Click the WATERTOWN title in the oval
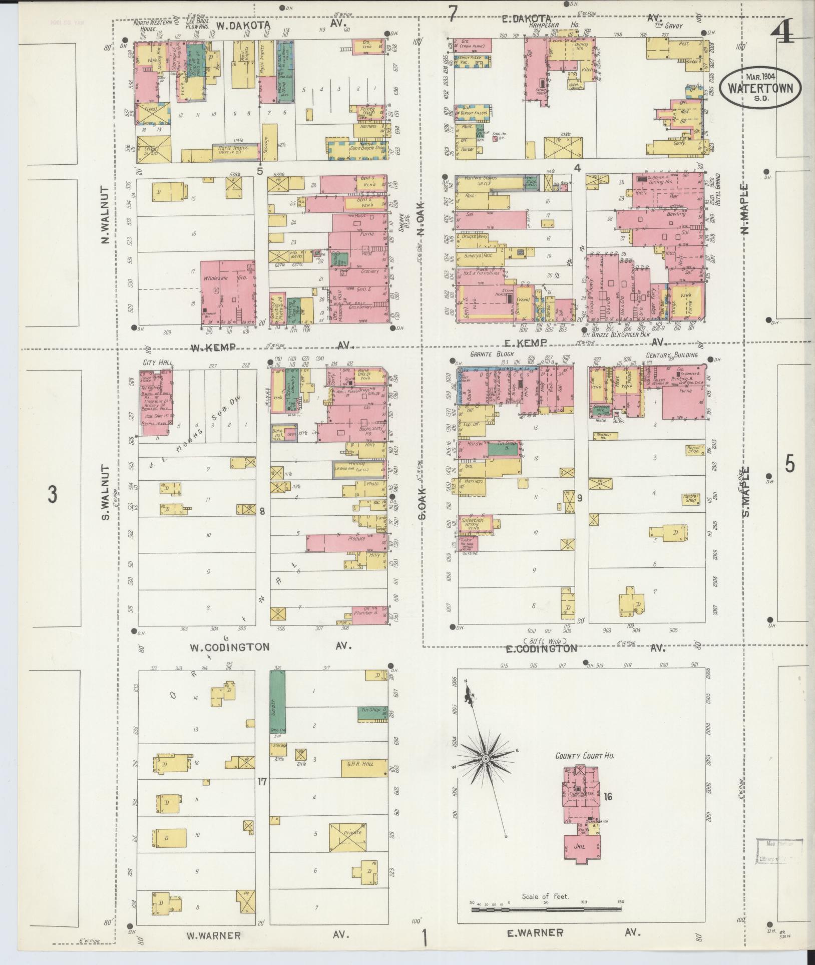pos(760,88)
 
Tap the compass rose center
pos(485,773)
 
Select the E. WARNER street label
pos(536,932)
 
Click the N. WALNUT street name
pos(105,216)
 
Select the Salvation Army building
pos(475,523)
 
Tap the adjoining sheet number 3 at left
pos(52,494)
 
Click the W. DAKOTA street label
pos(243,25)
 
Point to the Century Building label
pos(671,355)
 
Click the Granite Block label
pos(486,354)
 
